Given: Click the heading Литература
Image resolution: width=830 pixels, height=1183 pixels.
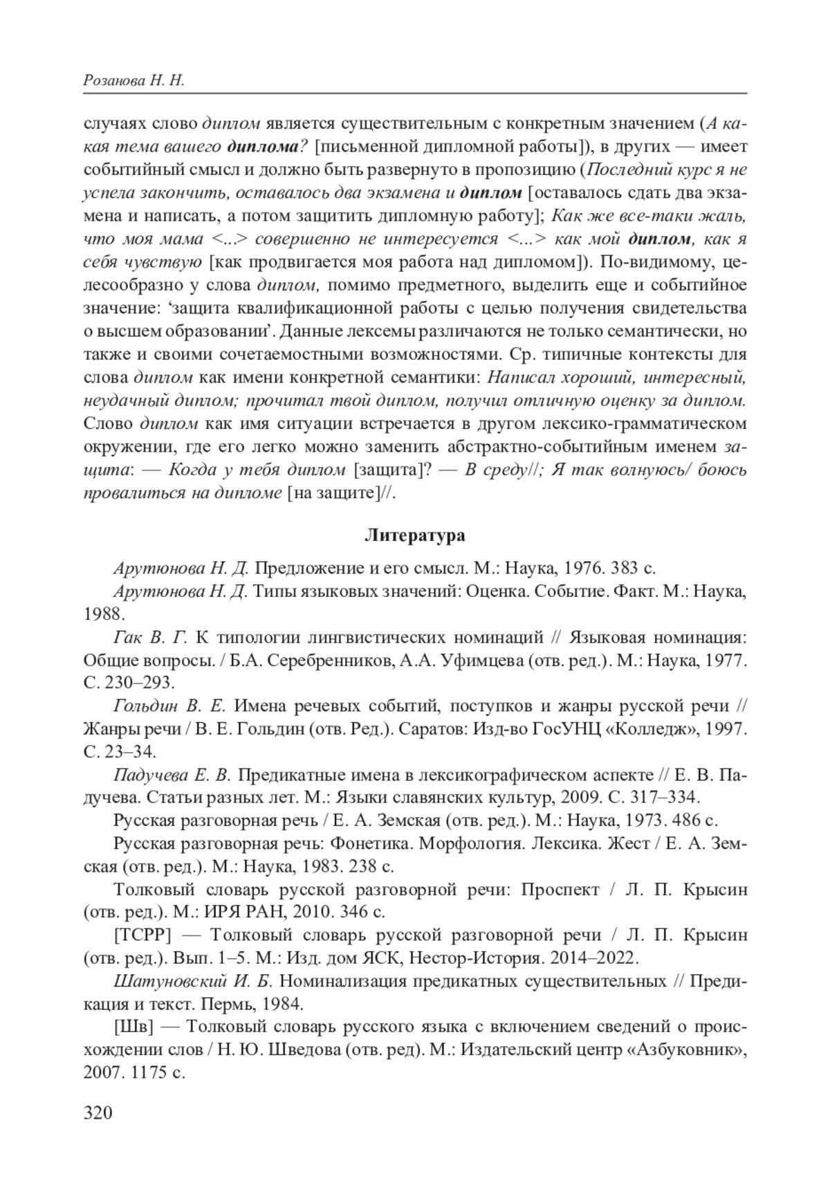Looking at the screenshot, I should click(x=414, y=535).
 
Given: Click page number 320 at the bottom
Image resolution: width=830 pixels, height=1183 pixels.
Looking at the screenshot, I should click(x=98, y=1112).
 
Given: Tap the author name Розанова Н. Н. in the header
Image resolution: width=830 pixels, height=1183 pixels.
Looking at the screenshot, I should click(x=133, y=81).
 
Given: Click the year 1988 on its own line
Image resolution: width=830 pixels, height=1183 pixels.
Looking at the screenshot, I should click(x=102, y=614).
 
